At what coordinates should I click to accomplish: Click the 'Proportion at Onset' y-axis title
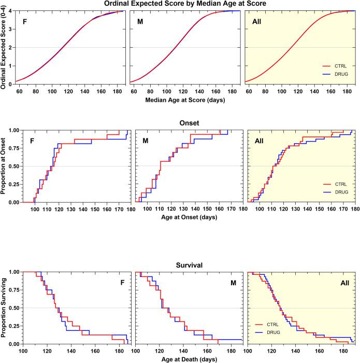click(4, 166)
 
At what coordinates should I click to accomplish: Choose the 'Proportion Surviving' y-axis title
click(4, 308)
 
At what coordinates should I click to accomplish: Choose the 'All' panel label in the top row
click(256, 23)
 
